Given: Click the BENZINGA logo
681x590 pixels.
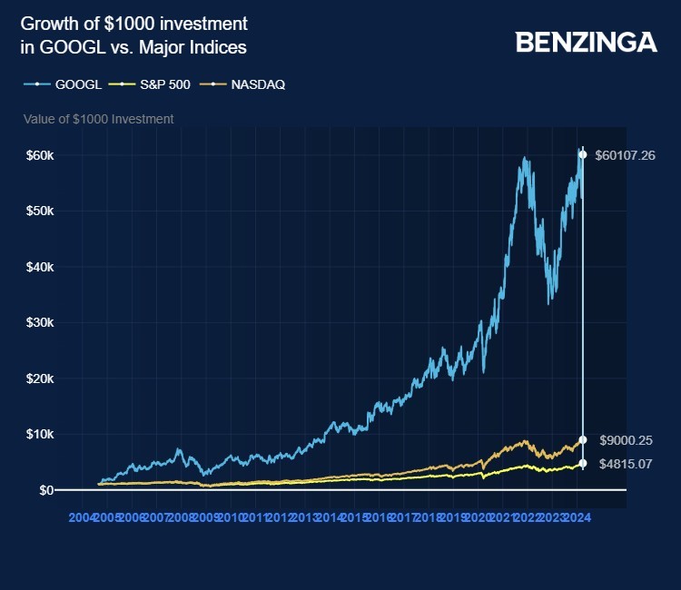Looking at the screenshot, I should click(586, 42).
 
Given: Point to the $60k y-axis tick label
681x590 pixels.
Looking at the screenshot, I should click(39, 155).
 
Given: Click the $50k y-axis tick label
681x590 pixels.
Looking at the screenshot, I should click(39, 211).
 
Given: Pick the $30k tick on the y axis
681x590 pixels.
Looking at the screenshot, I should click(39, 322).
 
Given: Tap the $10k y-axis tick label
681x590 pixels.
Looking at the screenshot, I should click(39, 434).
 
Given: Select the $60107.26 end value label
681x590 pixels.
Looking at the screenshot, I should click(625, 155).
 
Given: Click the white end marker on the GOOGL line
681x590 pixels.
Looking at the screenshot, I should click(583, 154).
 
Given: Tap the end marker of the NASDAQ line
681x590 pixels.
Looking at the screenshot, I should click(583, 440).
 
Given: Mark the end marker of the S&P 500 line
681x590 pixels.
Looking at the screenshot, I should click(583, 464).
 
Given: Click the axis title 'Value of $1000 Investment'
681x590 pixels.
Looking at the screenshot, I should click(98, 119).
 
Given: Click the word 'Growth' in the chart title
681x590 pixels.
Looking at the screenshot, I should click(44, 23).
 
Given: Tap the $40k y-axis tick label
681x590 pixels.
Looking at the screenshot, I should click(39, 267).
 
